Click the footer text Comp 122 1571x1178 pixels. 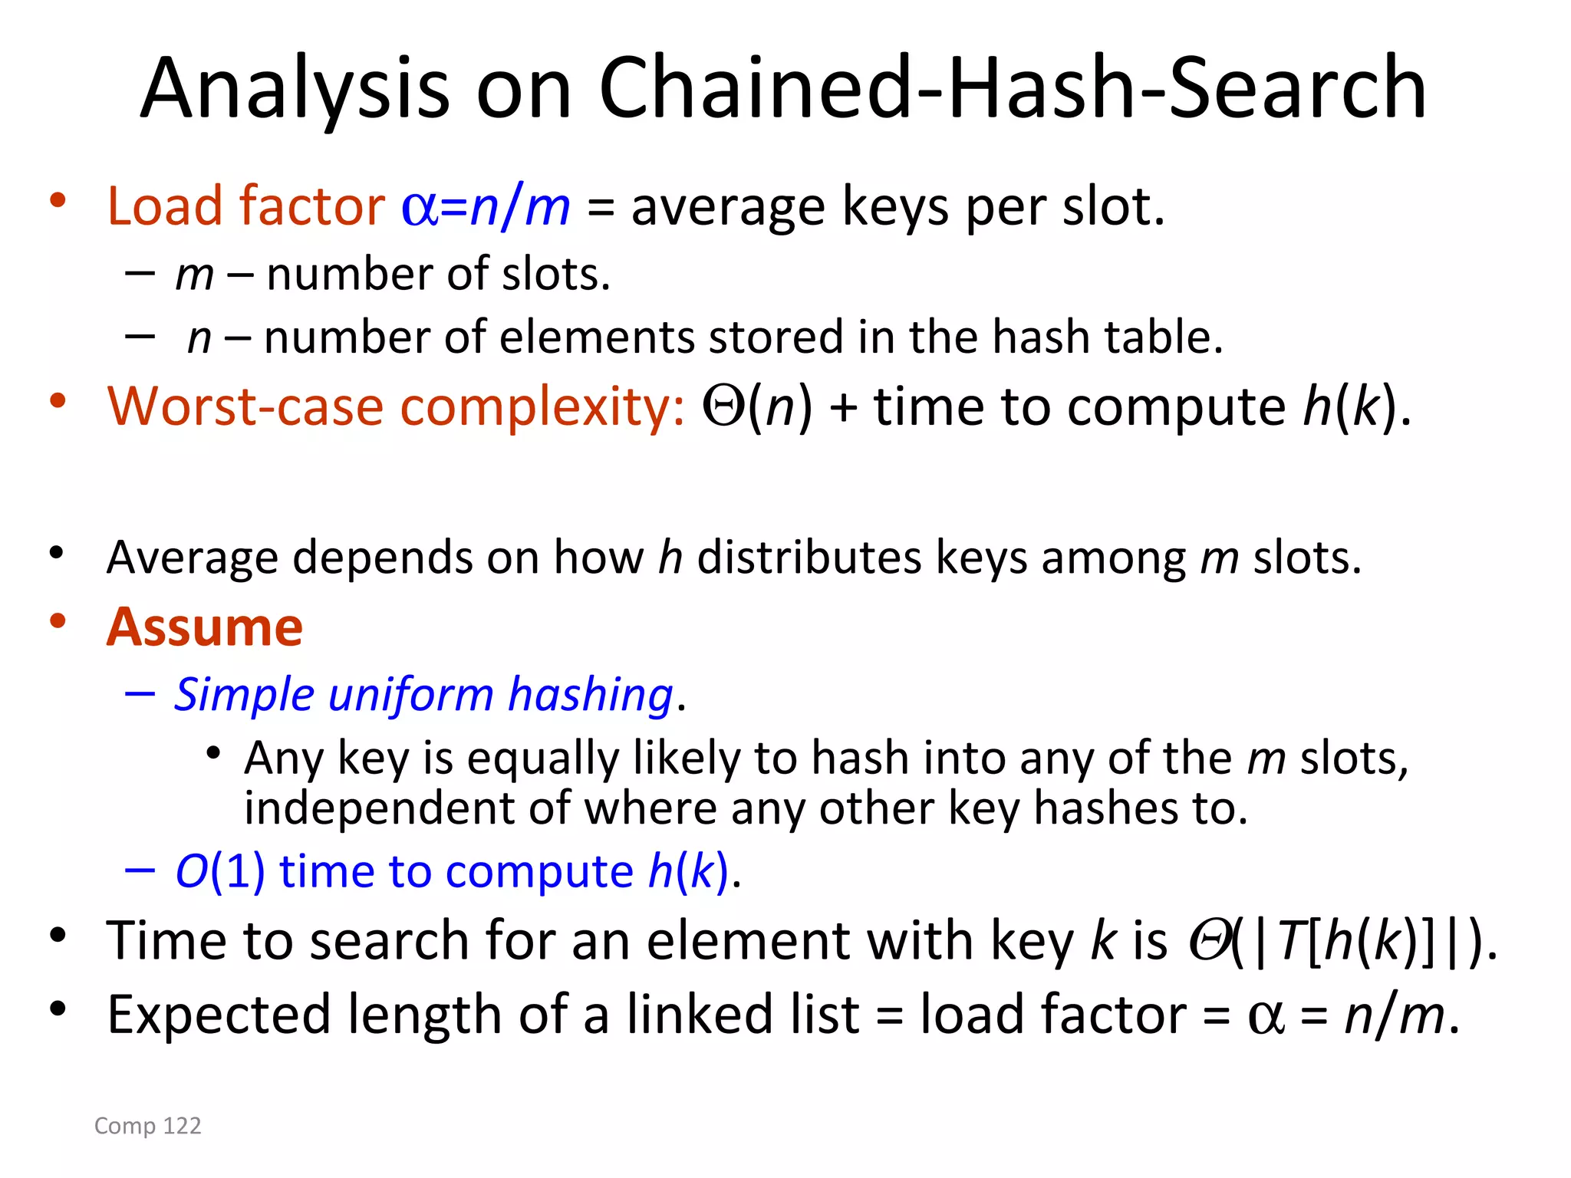tap(147, 1125)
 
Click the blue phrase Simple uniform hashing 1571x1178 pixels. tap(423, 695)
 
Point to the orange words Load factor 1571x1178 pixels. tap(245, 206)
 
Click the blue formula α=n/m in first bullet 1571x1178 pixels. tap(486, 207)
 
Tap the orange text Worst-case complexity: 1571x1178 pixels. tap(395, 406)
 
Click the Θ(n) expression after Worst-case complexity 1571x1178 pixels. tap(756, 406)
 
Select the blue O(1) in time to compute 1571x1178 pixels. tap(220, 871)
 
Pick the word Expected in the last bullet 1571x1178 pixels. tap(219, 1015)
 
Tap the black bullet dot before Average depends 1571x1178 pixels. tap(56, 552)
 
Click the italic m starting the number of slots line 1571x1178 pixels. tap(194, 275)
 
